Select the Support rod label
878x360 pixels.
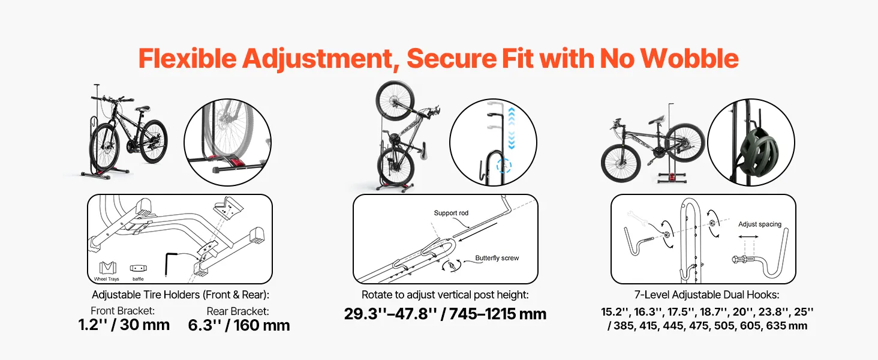451,213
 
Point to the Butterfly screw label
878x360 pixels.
497,258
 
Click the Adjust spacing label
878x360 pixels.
760,224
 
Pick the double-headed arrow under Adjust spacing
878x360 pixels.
748,236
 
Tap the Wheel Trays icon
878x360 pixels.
107,268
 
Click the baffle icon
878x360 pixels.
139,269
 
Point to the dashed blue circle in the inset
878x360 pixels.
504,166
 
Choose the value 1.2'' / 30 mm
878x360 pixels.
124,325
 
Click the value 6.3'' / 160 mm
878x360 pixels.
239,325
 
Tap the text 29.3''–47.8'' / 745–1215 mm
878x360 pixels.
445,314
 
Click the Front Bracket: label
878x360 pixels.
123,311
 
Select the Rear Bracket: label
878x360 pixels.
237,311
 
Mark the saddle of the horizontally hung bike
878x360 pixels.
657,120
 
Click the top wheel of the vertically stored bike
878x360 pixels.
394,100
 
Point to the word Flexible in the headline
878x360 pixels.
187,58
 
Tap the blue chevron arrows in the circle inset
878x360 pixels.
511,128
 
